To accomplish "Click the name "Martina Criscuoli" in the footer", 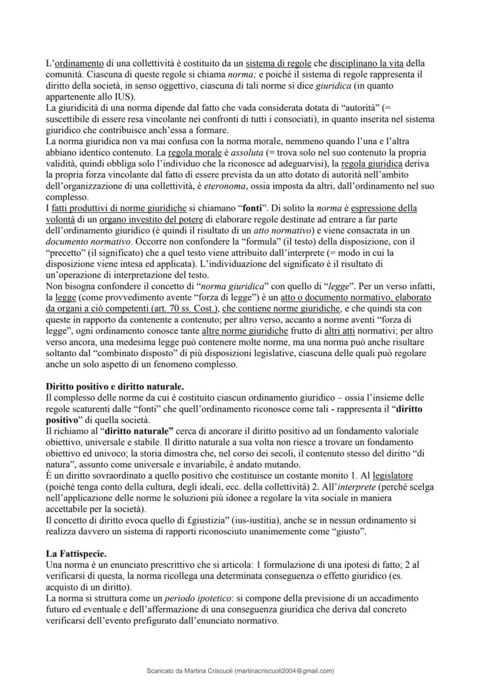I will (201, 670).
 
